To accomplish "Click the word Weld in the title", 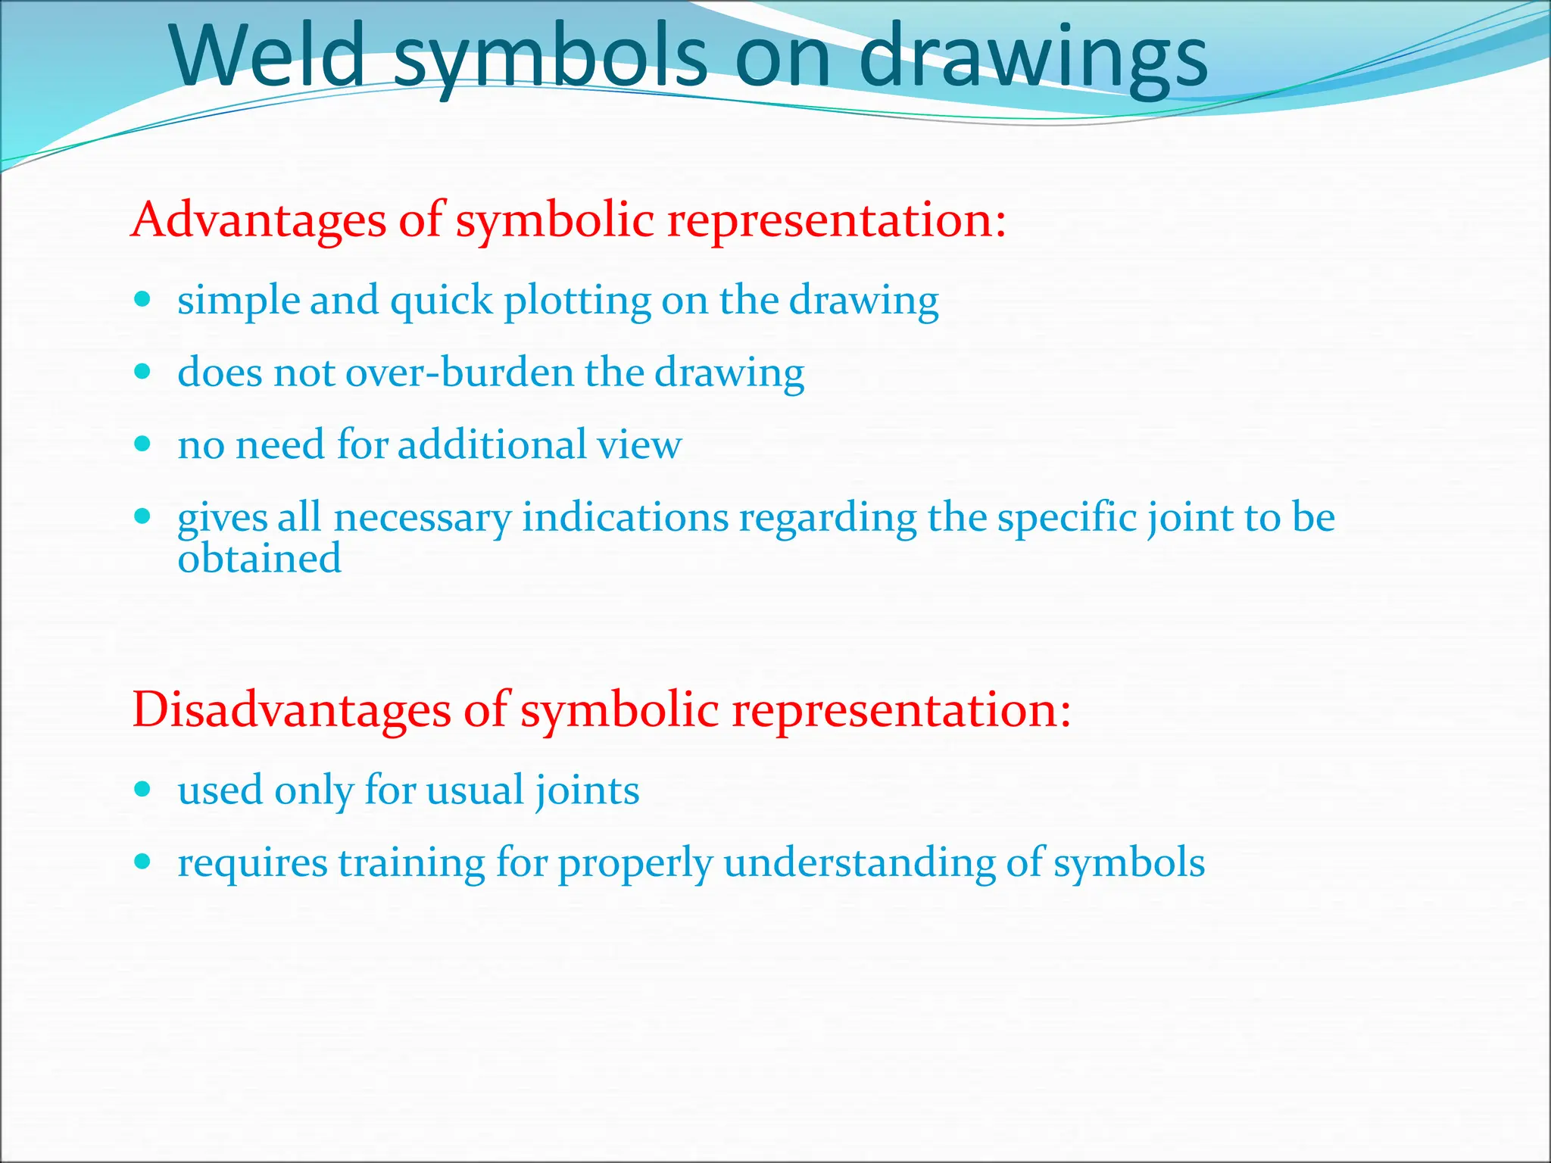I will point(269,57).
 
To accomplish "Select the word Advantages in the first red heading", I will point(258,220).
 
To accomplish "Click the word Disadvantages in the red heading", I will point(291,711).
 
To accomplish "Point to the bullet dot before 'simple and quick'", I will point(142,299).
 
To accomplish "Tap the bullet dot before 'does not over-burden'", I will point(142,372).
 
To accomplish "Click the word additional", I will point(492,444).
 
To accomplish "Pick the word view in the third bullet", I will point(639,444).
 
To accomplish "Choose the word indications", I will point(625,519).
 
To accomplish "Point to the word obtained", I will point(259,560).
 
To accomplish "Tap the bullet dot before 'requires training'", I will point(142,862).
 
